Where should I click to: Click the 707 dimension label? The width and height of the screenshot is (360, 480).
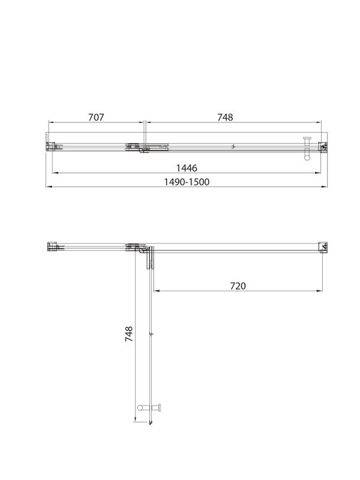[96, 118]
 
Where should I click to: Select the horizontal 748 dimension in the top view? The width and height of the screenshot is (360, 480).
[224, 118]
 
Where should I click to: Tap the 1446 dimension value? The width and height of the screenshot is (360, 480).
[187, 167]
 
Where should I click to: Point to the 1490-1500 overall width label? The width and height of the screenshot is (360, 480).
[187, 182]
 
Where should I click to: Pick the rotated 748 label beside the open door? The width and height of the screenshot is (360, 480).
[129, 334]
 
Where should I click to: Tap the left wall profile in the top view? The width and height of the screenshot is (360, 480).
[51, 146]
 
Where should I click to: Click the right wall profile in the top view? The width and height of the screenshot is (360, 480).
[323, 146]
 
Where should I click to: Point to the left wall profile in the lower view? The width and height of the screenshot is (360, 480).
[52, 247]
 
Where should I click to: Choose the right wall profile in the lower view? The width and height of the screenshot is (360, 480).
[323, 247]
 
